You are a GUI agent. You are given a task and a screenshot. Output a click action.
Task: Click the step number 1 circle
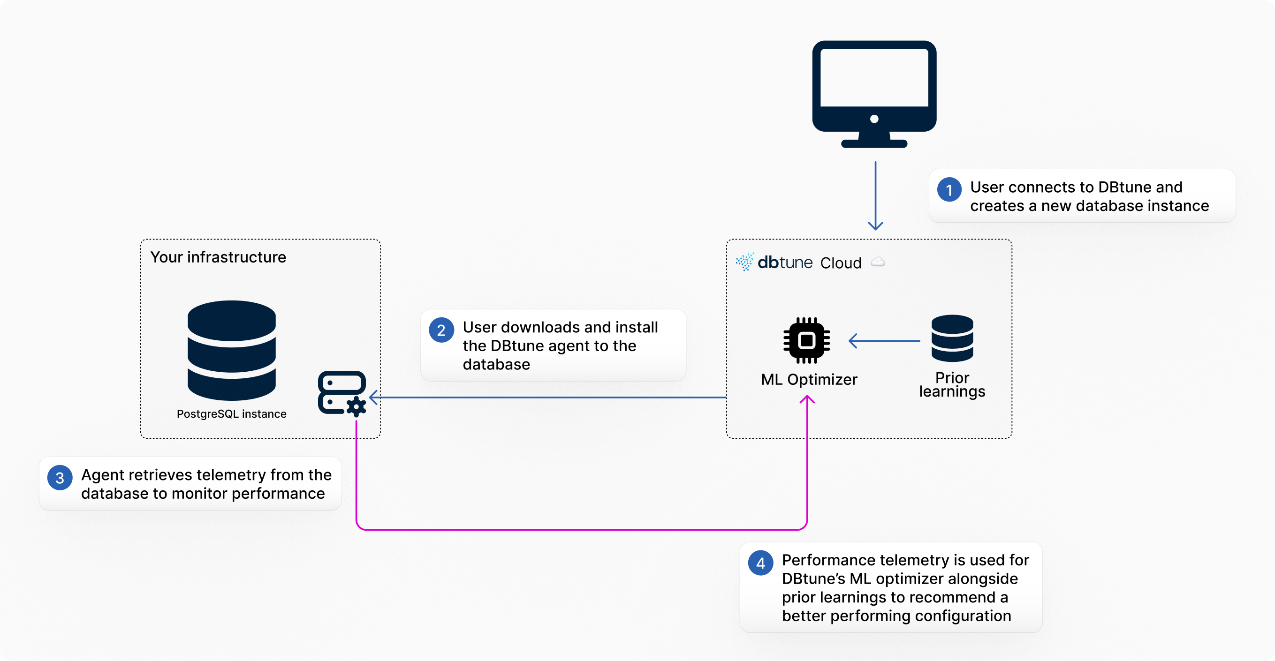click(949, 189)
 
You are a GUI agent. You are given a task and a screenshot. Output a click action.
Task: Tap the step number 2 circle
click(441, 330)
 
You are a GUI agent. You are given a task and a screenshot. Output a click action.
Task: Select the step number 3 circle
click(60, 477)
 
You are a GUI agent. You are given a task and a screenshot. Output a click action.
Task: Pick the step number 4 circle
click(760, 563)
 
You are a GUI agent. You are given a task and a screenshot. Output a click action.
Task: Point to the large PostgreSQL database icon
click(231, 350)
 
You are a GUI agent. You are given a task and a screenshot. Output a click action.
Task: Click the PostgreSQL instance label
click(231, 413)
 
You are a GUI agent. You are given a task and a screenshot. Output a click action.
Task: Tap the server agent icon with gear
click(342, 393)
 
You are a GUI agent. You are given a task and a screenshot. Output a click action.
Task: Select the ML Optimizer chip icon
click(806, 340)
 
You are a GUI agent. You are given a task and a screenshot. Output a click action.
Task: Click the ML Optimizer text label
click(809, 379)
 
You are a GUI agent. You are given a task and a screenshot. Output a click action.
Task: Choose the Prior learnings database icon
click(952, 338)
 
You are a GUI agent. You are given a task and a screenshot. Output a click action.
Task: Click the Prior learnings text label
click(952, 385)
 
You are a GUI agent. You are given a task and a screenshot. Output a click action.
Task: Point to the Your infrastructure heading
click(218, 257)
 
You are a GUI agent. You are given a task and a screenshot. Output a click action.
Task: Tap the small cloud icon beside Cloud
click(878, 262)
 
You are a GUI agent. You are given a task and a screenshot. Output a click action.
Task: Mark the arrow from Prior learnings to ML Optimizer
click(884, 341)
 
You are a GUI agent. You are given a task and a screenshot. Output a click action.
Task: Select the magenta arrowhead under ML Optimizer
click(807, 399)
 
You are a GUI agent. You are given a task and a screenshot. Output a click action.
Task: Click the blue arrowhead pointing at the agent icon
click(374, 397)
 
